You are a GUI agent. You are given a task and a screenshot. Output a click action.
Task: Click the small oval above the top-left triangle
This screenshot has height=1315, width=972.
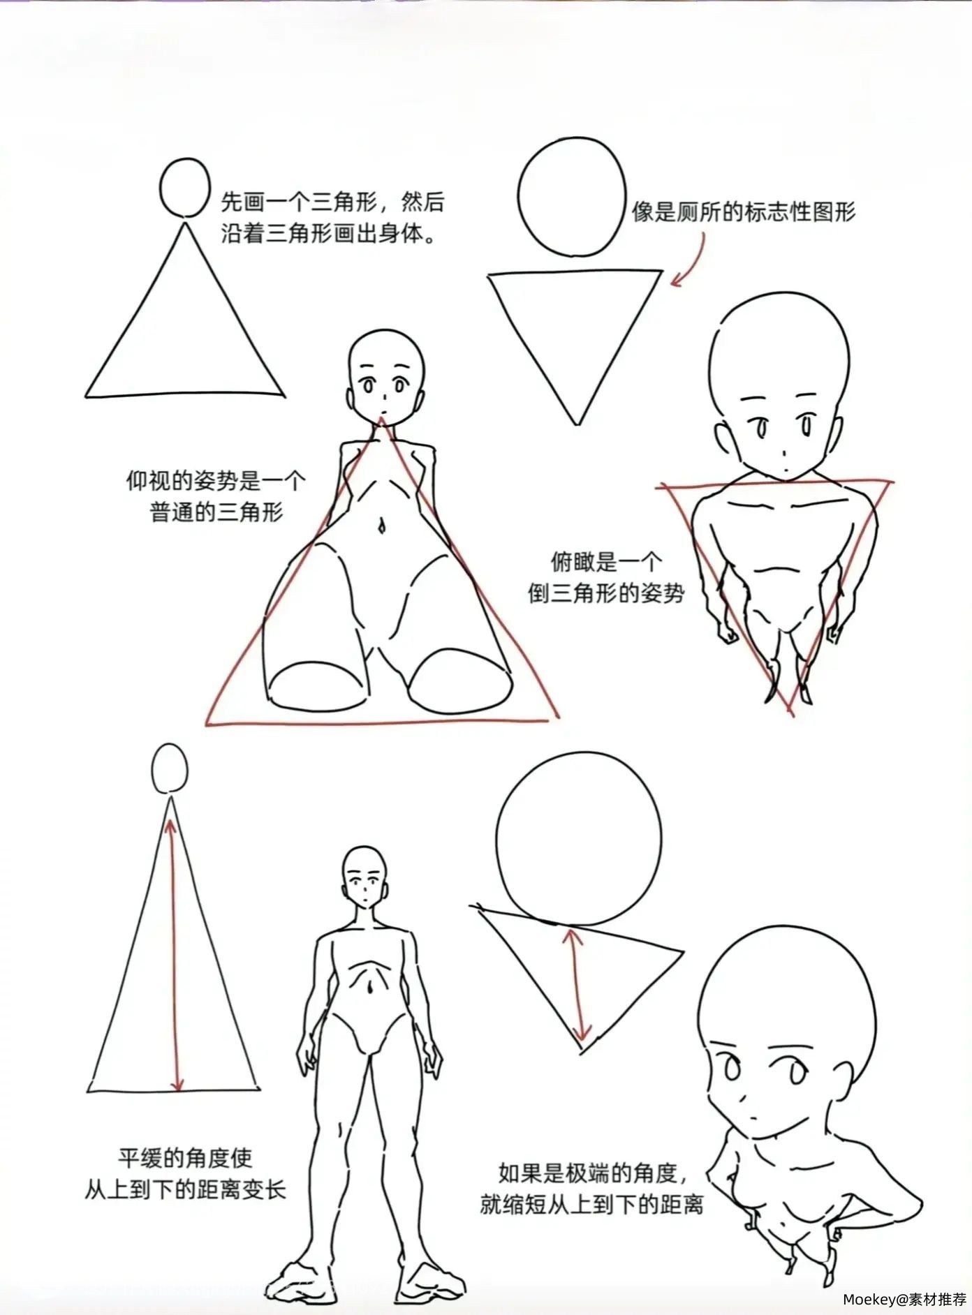(x=184, y=188)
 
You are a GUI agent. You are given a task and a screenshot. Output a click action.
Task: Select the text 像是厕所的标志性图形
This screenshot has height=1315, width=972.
(x=744, y=211)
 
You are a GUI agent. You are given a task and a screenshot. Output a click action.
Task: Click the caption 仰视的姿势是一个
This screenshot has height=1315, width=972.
(x=216, y=481)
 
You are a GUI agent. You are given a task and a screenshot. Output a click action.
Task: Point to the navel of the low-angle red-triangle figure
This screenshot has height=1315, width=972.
(x=381, y=525)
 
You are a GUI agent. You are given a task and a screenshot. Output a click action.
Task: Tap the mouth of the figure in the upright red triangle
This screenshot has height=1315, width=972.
(x=383, y=410)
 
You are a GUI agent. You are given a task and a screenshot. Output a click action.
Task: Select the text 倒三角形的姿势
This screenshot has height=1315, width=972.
(x=606, y=593)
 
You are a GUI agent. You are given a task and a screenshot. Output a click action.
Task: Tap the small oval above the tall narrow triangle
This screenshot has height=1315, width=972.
(x=170, y=768)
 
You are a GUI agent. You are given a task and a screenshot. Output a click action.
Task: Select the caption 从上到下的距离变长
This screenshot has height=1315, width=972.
(x=186, y=1189)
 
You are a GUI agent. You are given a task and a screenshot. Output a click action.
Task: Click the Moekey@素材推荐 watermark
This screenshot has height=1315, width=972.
(x=904, y=1299)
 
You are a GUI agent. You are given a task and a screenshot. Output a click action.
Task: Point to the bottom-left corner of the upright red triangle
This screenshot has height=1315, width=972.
(x=207, y=724)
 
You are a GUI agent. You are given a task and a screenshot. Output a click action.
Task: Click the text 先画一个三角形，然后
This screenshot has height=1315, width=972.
(x=332, y=202)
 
